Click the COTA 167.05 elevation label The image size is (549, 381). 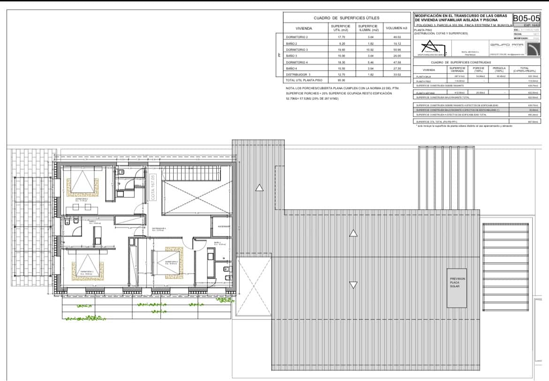coord(153,188)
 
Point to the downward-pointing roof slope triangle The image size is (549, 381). coord(354,284)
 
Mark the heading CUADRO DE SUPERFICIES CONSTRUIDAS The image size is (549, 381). coord(460,62)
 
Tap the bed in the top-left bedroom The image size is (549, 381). coord(83,183)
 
